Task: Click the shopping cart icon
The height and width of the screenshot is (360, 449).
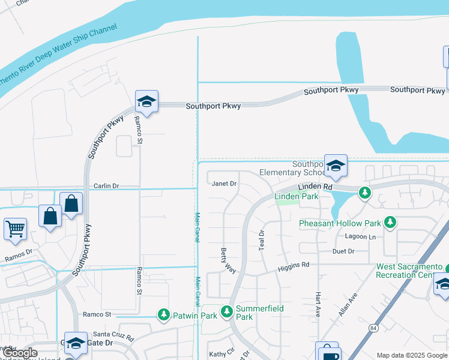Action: [x=16, y=228]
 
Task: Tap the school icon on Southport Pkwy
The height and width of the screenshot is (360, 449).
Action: [x=146, y=101]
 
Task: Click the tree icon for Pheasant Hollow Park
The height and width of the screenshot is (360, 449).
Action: [x=390, y=223]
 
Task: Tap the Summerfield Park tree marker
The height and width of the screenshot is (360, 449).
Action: [x=226, y=311]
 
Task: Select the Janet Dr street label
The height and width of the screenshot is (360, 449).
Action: [x=224, y=184]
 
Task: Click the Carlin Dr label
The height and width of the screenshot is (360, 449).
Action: [x=106, y=187]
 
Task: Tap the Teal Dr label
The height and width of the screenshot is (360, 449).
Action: [x=262, y=240]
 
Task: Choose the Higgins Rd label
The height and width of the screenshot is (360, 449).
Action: [x=293, y=267]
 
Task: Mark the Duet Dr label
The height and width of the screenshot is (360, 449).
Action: [x=344, y=251]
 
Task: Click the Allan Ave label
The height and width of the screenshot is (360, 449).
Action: [x=348, y=305]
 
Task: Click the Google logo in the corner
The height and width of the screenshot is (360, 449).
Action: [x=20, y=353]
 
